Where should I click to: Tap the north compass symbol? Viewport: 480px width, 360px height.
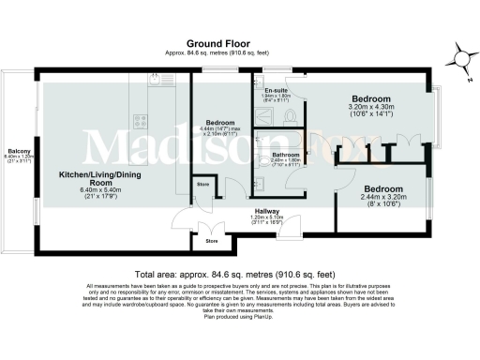(x=460, y=57)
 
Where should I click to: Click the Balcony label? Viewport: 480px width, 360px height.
(x=19, y=151)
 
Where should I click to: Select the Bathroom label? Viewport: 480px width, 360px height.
(x=286, y=154)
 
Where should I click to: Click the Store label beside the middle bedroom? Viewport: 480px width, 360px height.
(x=202, y=184)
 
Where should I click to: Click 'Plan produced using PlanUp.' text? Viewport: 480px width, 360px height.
(x=240, y=317)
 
